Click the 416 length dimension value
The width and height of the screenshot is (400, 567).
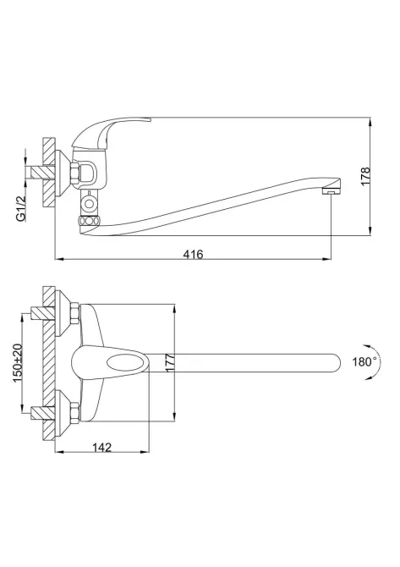(194, 254)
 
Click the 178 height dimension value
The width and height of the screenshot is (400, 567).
(365, 176)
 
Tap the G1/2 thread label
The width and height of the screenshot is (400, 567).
(21, 208)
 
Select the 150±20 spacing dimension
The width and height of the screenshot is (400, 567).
(18, 364)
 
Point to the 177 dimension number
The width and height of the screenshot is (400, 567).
(170, 362)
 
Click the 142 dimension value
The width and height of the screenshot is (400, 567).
(101, 448)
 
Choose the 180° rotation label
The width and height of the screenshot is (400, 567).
(364, 361)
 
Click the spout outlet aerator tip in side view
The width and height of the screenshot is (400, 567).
(332, 191)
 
